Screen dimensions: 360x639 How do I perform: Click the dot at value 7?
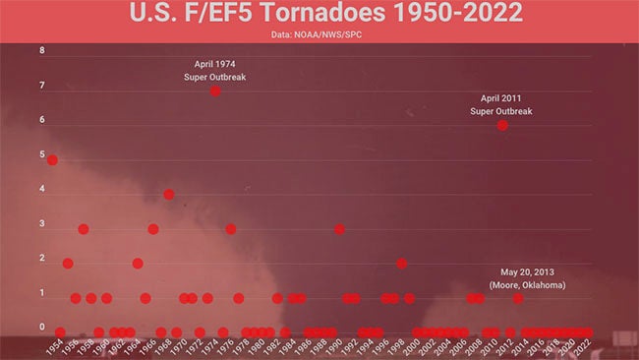click(215, 91)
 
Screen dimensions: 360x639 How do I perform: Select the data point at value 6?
click(502, 125)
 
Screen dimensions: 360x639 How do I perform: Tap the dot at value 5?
click(52, 159)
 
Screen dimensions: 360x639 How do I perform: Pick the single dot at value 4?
click(169, 195)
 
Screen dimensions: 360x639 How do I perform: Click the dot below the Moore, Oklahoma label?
click(518, 298)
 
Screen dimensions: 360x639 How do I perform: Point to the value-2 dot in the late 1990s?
click(401, 264)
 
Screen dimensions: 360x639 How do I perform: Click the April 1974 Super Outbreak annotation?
click(215, 70)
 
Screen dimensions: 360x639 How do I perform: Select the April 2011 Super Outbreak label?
click(500, 104)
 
